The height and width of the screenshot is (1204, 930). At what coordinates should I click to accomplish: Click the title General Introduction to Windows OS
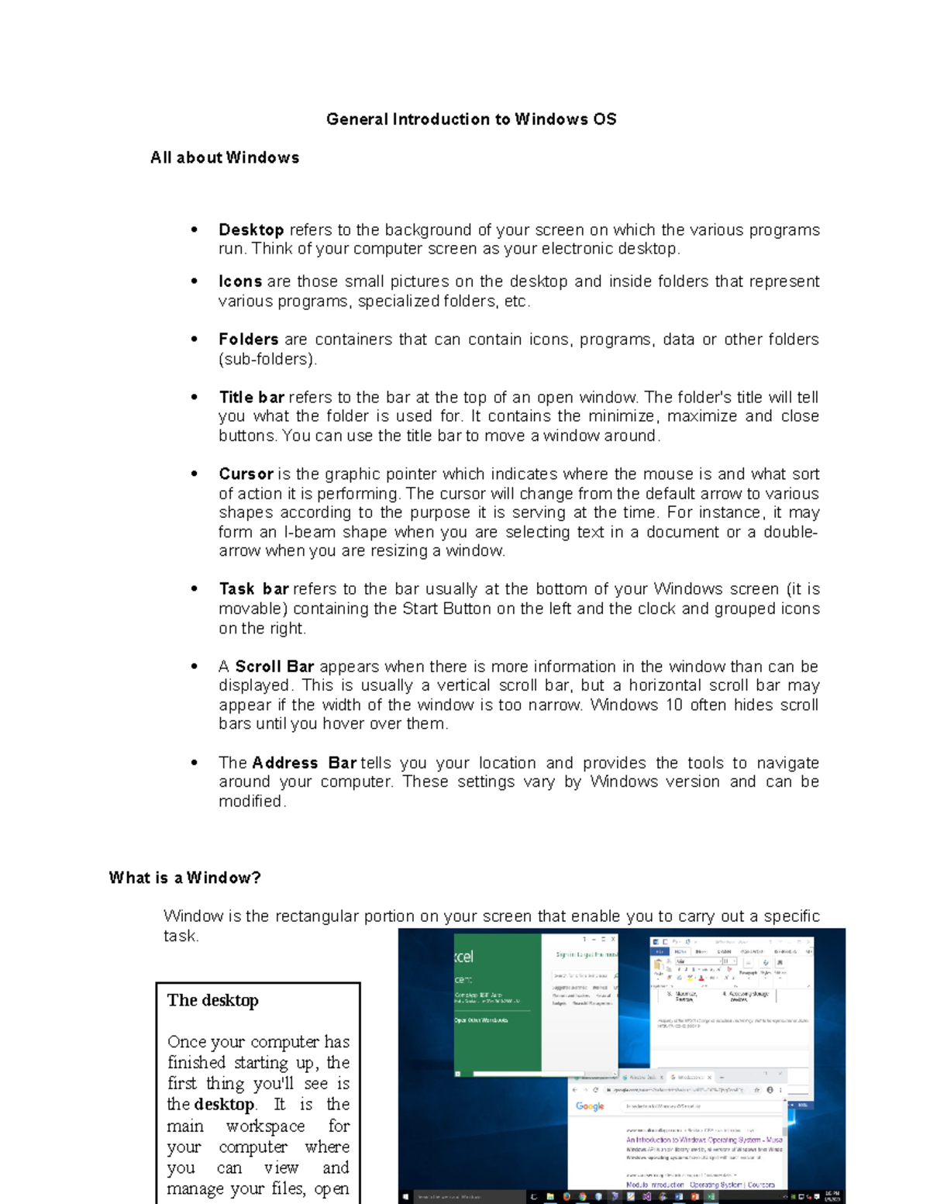471,119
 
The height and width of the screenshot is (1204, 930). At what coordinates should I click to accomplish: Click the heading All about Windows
225,157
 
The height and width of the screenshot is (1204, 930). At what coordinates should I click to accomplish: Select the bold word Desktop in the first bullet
251,230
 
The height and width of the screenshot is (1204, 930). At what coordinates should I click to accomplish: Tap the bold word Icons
240,281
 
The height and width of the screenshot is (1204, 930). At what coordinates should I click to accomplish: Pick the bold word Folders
248,340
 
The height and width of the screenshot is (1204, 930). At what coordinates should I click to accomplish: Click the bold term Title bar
252,398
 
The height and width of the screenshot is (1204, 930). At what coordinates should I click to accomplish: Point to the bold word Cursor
246,474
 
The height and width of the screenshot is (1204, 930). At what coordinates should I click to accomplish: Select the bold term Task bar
253,589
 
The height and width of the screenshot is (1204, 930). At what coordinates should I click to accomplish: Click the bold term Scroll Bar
274,667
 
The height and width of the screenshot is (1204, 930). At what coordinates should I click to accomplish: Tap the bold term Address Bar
304,763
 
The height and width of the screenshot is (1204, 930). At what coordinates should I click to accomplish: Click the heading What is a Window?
184,878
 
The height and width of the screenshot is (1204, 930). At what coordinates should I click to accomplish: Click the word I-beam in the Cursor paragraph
309,533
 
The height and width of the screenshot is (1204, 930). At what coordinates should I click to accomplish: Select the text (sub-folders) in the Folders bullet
267,360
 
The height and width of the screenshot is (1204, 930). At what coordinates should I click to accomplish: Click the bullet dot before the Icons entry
195,281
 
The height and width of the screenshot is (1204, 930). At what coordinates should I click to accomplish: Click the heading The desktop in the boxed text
212,1001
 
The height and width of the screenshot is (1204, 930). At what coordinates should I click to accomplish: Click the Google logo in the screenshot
590,1106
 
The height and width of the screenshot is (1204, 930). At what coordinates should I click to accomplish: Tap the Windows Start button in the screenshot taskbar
405,1197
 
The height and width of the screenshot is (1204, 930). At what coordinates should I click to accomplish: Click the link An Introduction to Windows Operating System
704,1140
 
